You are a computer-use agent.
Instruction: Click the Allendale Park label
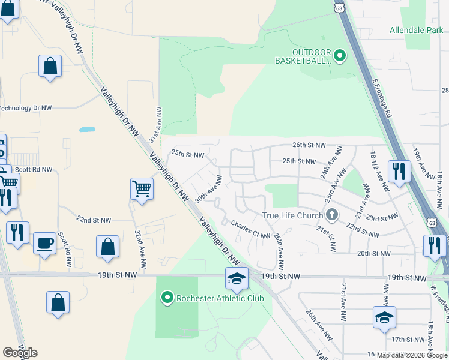[x=415, y=29]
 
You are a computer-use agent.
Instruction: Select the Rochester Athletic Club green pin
[x=167, y=298]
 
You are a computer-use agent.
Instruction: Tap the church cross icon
[x=331, y=215]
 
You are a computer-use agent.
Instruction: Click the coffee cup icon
[x=44, y=242]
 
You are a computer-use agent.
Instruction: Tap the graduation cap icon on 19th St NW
[x=237, y=278]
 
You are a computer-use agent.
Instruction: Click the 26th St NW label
[x=309, y=145]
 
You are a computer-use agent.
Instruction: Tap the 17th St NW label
[x=403, y=339]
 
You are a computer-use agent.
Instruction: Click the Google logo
[x=20, y=353]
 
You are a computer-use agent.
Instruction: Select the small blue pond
[x=87, y=129]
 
